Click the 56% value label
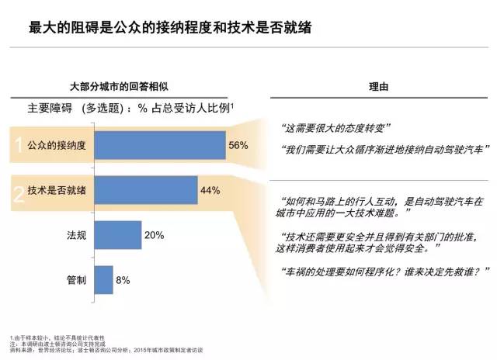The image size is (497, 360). tap(238, 145)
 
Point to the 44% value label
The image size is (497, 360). tap(210, 190)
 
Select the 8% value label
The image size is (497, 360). tap(122, 279)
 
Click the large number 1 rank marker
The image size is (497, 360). tap(16, 144)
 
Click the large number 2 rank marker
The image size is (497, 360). tap(17, 191)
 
